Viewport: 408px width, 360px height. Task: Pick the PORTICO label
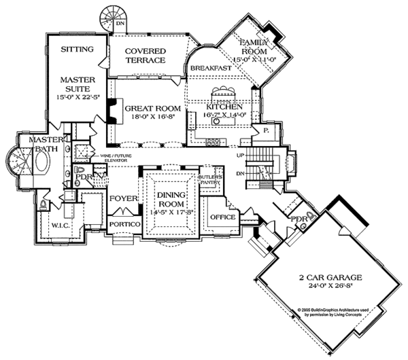[x=125, y=224]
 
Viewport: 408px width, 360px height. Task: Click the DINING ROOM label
[x=169, y=201]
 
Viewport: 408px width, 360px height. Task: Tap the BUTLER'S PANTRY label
[x=209, y=179]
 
